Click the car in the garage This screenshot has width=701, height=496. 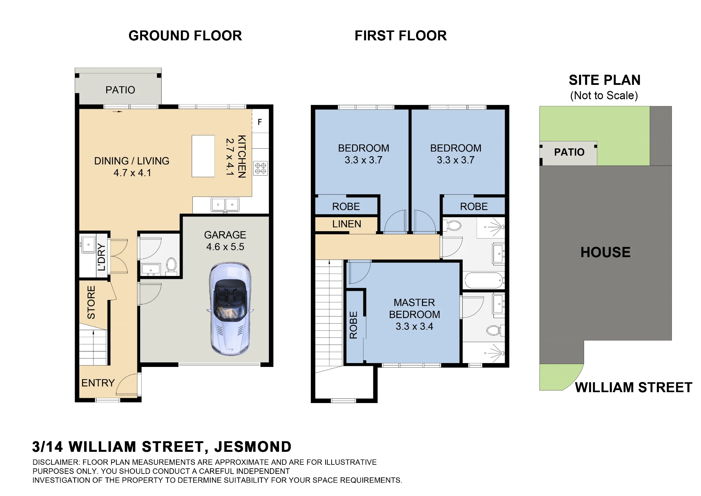coord(230,309)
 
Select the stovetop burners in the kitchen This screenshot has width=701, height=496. coord(260,168)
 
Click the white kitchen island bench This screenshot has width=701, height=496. coord(203,156)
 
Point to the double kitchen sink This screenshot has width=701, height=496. coord(225,205)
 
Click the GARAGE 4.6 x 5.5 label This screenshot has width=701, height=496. coord(225,241)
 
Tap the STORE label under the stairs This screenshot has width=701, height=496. coord(91,302)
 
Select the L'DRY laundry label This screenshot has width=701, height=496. coord(101,257)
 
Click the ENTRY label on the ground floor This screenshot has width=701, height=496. coord(98,383)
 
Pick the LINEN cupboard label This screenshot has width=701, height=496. coord(347,224)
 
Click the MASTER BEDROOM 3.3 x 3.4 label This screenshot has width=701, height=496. coord(414,314)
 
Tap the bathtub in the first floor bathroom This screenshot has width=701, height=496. coord(484,281)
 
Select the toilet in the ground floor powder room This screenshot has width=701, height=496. coord(171,264)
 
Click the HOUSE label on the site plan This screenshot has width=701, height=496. coord(605,252)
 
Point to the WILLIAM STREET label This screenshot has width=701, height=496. coord(634,387)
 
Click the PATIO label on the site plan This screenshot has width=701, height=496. coord(569,152)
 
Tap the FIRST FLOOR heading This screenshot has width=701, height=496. coord(401,36)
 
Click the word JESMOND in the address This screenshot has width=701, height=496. coord(253,447)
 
